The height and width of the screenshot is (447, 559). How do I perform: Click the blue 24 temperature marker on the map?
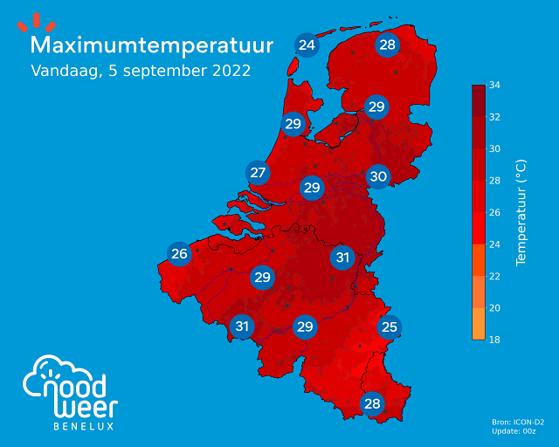307,45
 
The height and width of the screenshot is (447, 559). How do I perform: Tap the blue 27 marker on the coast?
258,173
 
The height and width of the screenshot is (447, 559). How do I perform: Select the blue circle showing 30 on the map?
377,176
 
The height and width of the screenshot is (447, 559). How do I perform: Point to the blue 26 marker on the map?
180,255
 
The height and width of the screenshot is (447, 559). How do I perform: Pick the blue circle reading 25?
390,327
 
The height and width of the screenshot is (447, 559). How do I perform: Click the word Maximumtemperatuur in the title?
152,45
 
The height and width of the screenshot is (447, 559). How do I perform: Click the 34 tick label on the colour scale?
493,86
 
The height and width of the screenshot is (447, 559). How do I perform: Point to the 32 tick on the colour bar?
493,117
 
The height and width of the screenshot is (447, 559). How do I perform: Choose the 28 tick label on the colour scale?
493,181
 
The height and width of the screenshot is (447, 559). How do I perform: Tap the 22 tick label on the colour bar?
493,276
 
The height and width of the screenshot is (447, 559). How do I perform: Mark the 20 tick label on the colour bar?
493,308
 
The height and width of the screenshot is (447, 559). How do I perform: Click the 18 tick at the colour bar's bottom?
493,340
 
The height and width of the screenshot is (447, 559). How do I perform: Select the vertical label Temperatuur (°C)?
521,212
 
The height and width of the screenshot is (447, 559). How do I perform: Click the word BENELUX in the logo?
84,426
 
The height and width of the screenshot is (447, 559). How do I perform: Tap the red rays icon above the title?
37,23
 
